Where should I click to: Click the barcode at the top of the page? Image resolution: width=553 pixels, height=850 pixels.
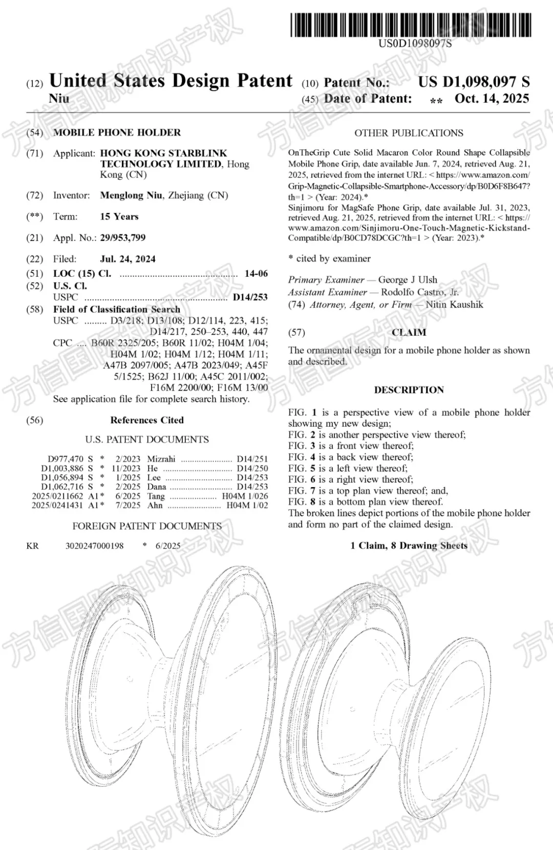point(411,25)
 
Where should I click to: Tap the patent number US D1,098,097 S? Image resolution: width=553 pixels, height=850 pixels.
point(474,82)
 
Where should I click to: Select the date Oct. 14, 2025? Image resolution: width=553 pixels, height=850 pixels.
point(492,98)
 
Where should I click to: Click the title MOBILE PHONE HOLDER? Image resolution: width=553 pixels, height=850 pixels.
point(117,133)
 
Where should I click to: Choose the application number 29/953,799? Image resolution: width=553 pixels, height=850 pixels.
point(123,237)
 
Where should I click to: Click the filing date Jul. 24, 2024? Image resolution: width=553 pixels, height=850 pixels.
point(127,259)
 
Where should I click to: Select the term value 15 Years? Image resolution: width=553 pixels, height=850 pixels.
point(119,216)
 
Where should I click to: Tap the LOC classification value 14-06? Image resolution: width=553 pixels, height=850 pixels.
point(256,273)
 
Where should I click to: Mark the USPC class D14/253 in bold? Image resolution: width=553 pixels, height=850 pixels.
point(250,297)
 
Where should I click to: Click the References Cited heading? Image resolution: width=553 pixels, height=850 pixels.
point(147,420)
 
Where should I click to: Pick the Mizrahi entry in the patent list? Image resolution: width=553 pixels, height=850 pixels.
point(161,459)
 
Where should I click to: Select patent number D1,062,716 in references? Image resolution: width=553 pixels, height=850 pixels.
point(62,487)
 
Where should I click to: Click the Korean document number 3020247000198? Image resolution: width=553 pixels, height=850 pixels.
point(94,546)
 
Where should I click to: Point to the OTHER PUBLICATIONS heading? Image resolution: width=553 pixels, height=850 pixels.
point(409,133)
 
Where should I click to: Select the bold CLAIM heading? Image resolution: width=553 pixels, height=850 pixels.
point(409,333)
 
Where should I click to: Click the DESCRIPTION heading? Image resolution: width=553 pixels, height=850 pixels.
point(409,390)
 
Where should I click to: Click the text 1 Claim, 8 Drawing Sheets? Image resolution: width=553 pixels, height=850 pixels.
point(409,546)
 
